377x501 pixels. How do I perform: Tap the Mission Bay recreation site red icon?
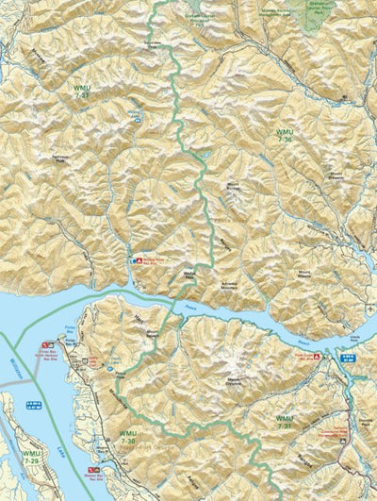point(90,469)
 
